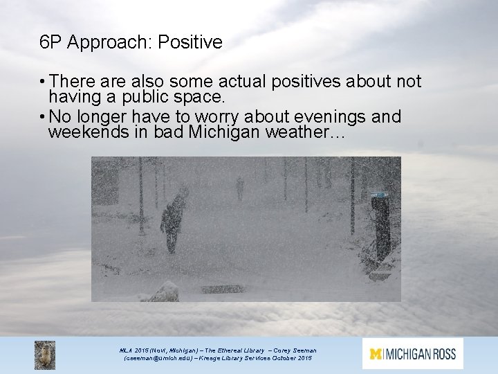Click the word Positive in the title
[x=190, y=43]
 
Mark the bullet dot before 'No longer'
[x=42, y=115]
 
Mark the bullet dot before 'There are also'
[x=42, y=82]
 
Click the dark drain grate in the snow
[x=221, y=288]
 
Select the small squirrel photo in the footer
[x=45, y=355]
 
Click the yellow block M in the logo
[x=376, y=354]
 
